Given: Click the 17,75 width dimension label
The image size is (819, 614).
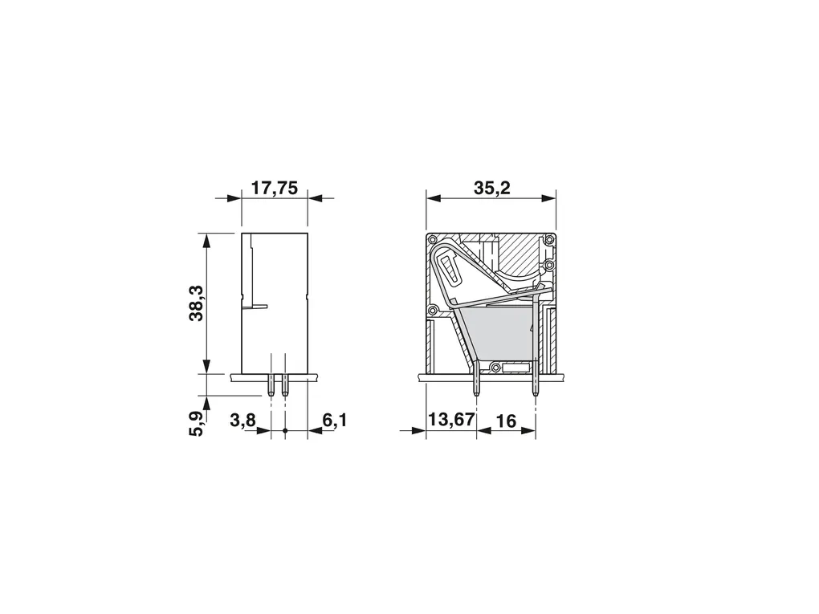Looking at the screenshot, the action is point(275,188).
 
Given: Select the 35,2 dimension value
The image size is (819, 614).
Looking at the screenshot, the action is point(492,188).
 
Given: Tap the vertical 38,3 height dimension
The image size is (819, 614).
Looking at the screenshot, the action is point(196,303).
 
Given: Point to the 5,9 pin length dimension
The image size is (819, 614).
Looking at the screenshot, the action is point(196,424).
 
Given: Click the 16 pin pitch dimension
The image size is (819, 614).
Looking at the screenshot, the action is point(505,421).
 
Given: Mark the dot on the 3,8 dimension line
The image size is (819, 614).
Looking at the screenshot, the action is point(285,431).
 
